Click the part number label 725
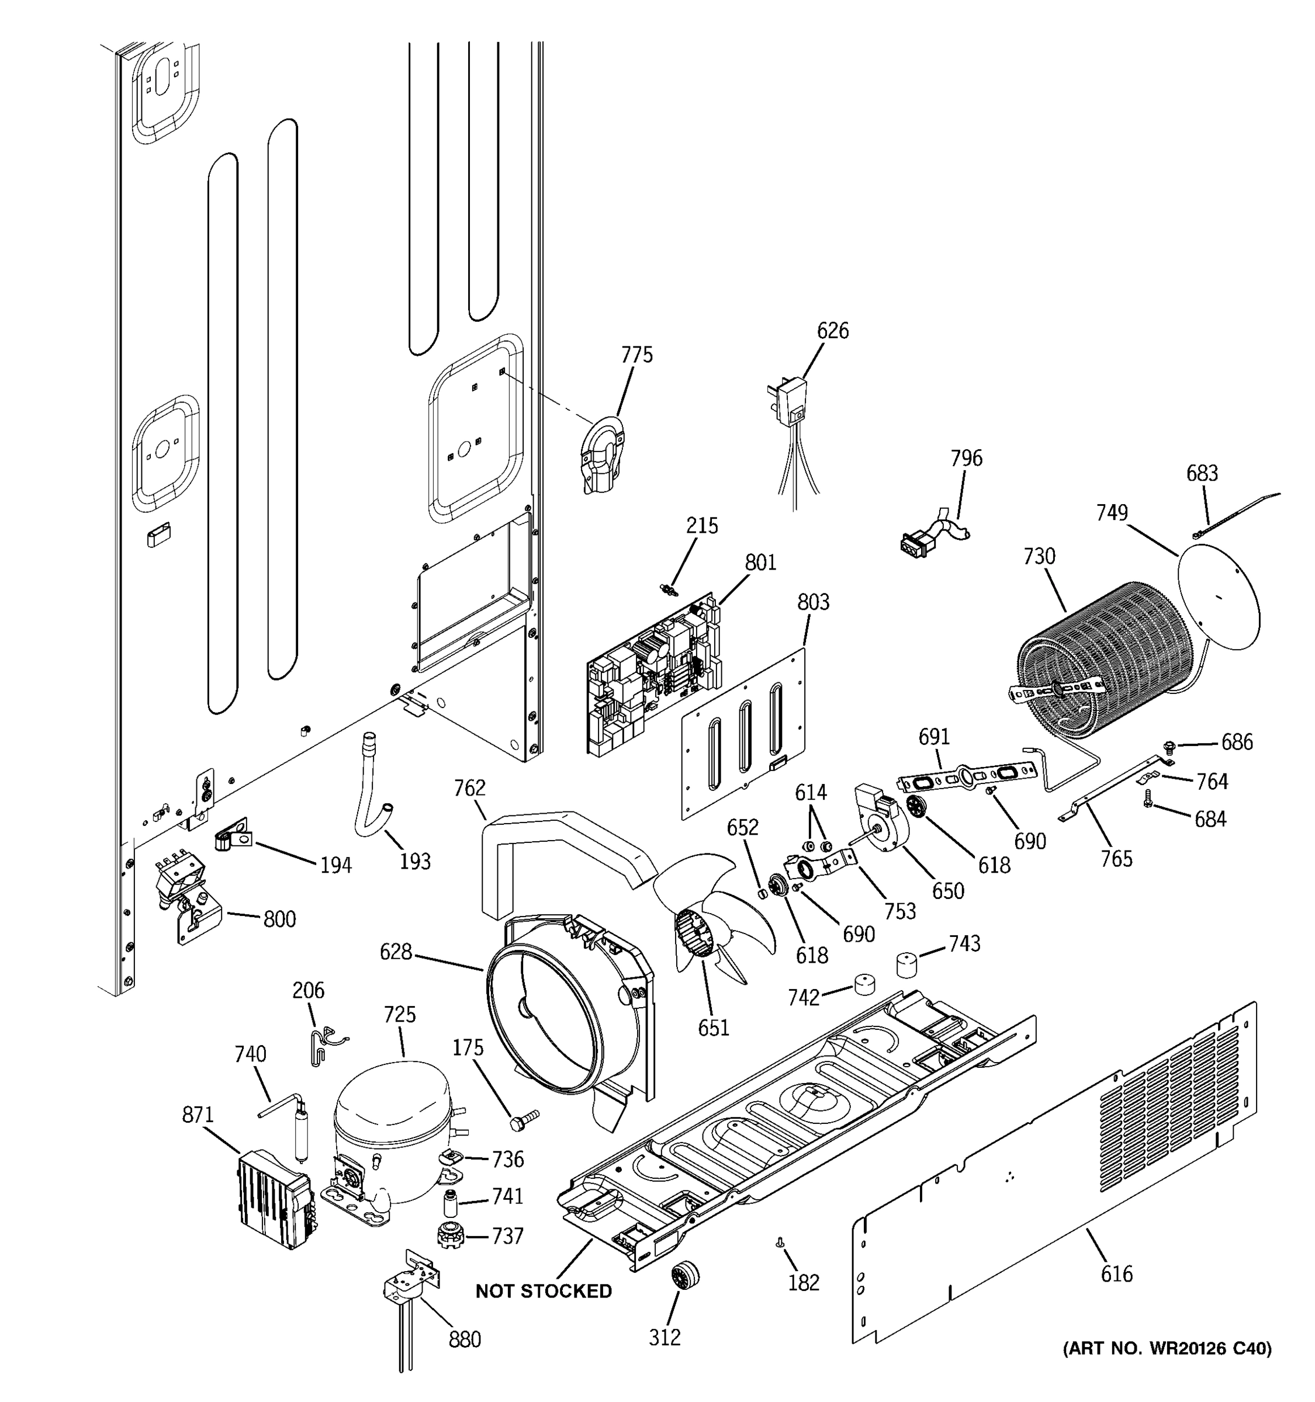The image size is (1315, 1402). coord(399,1015)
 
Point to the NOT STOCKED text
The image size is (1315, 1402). coord(543,1291)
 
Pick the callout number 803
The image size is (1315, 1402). coord(813,602)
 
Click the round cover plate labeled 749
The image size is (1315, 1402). coord(1219,596)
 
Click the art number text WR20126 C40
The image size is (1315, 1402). coord(1167,1348)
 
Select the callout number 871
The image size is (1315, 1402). coord(198,1115)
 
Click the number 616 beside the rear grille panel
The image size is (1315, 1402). coord(1116,1273)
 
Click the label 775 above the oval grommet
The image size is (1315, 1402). coord(636,355)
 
